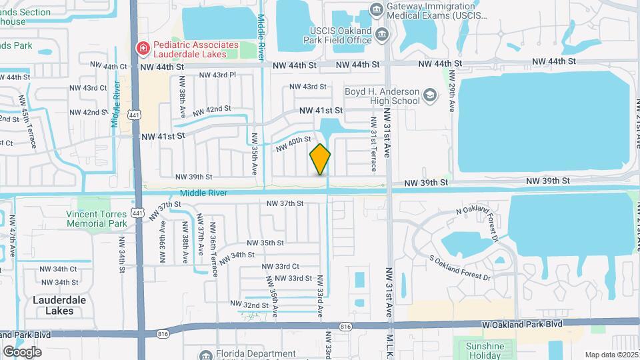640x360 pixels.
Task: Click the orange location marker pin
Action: click(320, 159)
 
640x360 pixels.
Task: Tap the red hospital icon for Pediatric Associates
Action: click(143, 47)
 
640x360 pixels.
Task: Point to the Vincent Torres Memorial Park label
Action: click(96, 219)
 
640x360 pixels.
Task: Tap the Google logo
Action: click(23, 351)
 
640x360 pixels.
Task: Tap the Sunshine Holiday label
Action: click(485, 351)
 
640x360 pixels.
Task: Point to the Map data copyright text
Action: click(610, 355)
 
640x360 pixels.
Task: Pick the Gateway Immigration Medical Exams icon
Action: click(377, 9)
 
